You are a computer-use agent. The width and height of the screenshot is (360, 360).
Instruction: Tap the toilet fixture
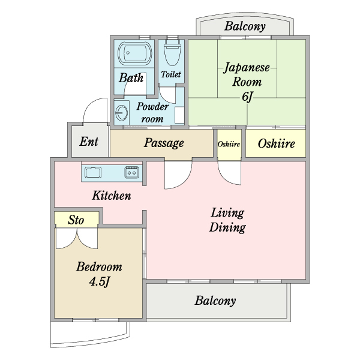coord(172,54)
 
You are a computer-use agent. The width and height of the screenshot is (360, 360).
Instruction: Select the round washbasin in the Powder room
coord(122,112)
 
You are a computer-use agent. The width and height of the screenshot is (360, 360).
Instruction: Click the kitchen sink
coord(94,173)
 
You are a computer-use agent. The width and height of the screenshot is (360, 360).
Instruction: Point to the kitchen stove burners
coord(132,173)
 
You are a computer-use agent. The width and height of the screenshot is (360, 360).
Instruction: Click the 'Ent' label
coord(89,142)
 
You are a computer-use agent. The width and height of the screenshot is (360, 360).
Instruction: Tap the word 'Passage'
coord(163,143)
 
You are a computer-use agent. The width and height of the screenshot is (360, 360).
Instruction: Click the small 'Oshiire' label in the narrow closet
coord(229,145)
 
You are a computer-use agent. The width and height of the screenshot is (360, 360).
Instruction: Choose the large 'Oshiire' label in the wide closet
coord(275,143)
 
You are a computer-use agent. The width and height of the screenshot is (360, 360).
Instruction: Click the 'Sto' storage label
coord(76,220)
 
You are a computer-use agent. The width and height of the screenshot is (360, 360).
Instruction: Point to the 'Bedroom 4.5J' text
coord(99,274)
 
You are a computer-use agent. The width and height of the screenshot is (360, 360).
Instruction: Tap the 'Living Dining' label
coord(227,220)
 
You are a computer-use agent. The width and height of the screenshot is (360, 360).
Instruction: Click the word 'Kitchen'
coord(111,196)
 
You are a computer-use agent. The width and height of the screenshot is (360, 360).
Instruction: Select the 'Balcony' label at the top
coord(245,26)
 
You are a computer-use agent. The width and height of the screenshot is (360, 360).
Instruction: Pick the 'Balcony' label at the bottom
coord(215,301)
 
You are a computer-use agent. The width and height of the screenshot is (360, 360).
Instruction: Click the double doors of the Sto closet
coord(76,238)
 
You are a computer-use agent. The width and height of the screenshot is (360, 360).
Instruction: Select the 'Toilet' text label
coord(171,75)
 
